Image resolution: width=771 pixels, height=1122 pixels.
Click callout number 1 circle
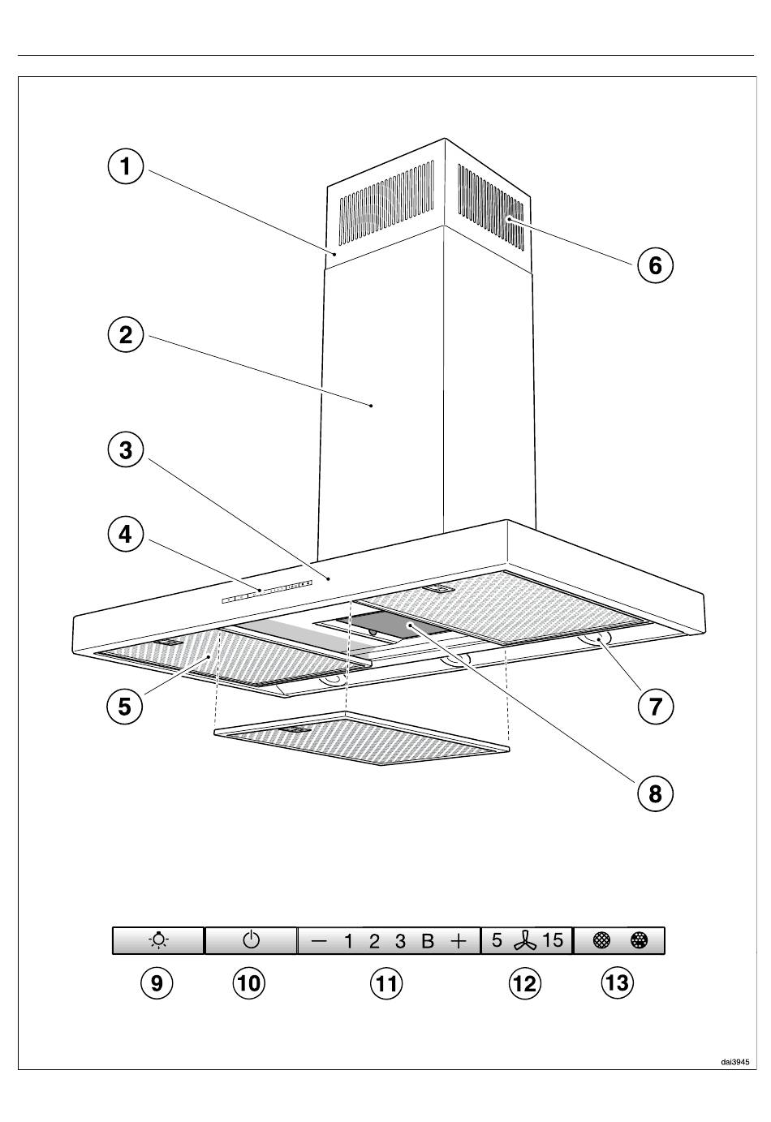126,166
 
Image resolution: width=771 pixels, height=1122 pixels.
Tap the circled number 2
126,334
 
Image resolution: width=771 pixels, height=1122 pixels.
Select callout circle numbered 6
655,265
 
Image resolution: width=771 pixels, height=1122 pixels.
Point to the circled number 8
655,794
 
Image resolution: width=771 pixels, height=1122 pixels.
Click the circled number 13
617,983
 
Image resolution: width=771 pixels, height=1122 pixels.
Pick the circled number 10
249,983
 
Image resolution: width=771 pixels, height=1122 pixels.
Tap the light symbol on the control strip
159,940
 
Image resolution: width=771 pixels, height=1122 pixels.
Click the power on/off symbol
251,940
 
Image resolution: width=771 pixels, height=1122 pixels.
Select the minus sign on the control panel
319,942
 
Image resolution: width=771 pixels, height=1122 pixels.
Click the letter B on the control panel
428,941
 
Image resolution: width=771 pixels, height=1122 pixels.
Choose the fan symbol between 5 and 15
524,941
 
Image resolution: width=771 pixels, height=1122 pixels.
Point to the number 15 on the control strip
553,940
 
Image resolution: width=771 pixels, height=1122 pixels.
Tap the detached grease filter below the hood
362,737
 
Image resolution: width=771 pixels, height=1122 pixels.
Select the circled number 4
126,534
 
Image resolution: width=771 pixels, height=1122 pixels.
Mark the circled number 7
655,707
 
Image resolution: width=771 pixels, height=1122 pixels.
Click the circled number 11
386,983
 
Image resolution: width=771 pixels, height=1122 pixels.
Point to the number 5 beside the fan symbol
497,940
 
